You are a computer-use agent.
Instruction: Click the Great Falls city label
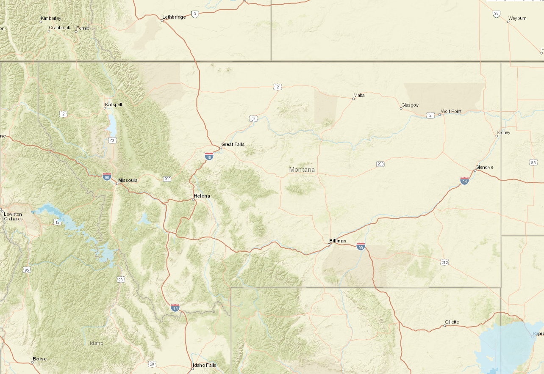click(233, 144)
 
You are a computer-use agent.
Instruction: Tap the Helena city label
click(202, 196)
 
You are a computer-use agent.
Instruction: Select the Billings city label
click(338, 241)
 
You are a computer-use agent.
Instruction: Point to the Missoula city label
click(128, 180)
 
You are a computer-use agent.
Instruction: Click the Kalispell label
click(113, 104)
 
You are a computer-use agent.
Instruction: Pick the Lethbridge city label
click(174, 17)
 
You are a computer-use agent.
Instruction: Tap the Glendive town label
click(484, 167)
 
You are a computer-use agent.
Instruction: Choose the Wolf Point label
click(451, 111)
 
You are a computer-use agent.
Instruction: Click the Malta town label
click(359, 95)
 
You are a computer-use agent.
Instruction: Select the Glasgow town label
click(410, 105)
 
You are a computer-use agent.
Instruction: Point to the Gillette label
click(452, 322)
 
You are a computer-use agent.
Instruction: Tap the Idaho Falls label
click(204, 365)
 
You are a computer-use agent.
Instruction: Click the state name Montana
click(302, 170)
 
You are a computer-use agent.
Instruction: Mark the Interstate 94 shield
click(464, 181)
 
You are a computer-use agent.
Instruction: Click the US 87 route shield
click(253, 119)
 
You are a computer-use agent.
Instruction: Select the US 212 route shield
click(444, 262)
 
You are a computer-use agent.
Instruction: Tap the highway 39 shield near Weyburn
click(497, 14)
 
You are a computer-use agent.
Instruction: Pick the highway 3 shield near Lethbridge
click(195, 14)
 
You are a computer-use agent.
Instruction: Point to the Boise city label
click(39, 359)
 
